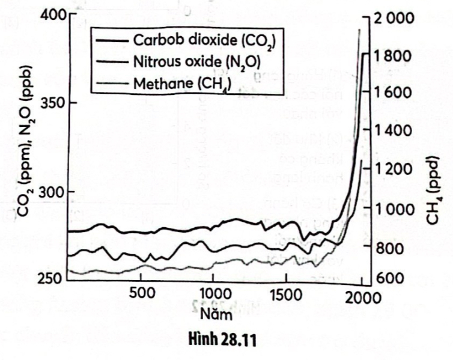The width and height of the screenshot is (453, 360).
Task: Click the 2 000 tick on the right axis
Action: click(394, 17)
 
